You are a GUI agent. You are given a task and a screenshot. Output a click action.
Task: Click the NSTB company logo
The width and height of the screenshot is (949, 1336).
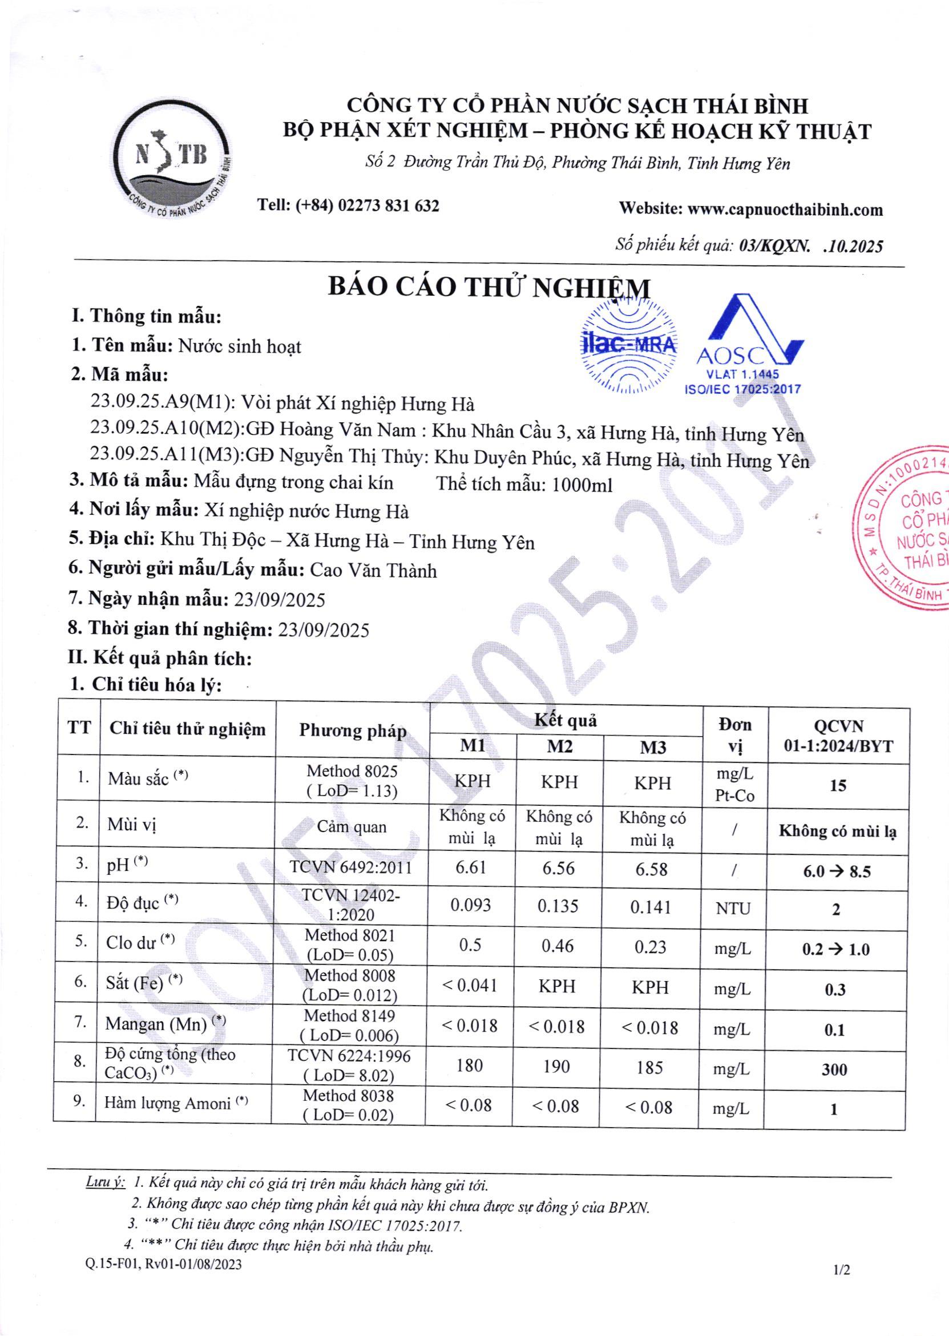pyautogui.click(x=172, y=162)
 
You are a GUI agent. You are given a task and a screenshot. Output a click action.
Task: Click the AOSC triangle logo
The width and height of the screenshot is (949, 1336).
pyautogui.click(x=749, y=345)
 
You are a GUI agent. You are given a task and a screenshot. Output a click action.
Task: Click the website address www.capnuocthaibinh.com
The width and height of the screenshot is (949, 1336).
pyautogui.click(x=785, y=209)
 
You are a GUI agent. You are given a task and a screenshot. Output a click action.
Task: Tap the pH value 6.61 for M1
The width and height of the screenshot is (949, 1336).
pyautogui.click(x=471, y=867)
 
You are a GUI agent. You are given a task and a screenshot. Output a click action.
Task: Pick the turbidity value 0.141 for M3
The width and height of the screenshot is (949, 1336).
pyautogui.click(x=652, y=907)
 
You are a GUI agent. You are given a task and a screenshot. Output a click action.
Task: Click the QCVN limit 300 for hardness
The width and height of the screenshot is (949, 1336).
pyautogui.click(x=834, y=1069)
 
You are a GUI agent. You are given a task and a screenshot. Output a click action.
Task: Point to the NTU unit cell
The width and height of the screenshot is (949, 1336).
pyautogui.click(x=733, y=908)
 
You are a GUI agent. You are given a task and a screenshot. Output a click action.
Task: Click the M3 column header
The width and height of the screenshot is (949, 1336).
pyautogui.click(x=653, y=748)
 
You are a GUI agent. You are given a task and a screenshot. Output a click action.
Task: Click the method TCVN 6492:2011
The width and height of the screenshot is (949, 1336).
pyautogui.click(x=351, y=867)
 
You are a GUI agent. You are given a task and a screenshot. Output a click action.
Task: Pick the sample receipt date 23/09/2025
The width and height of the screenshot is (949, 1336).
pyautogui.click(x=279, y=600)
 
